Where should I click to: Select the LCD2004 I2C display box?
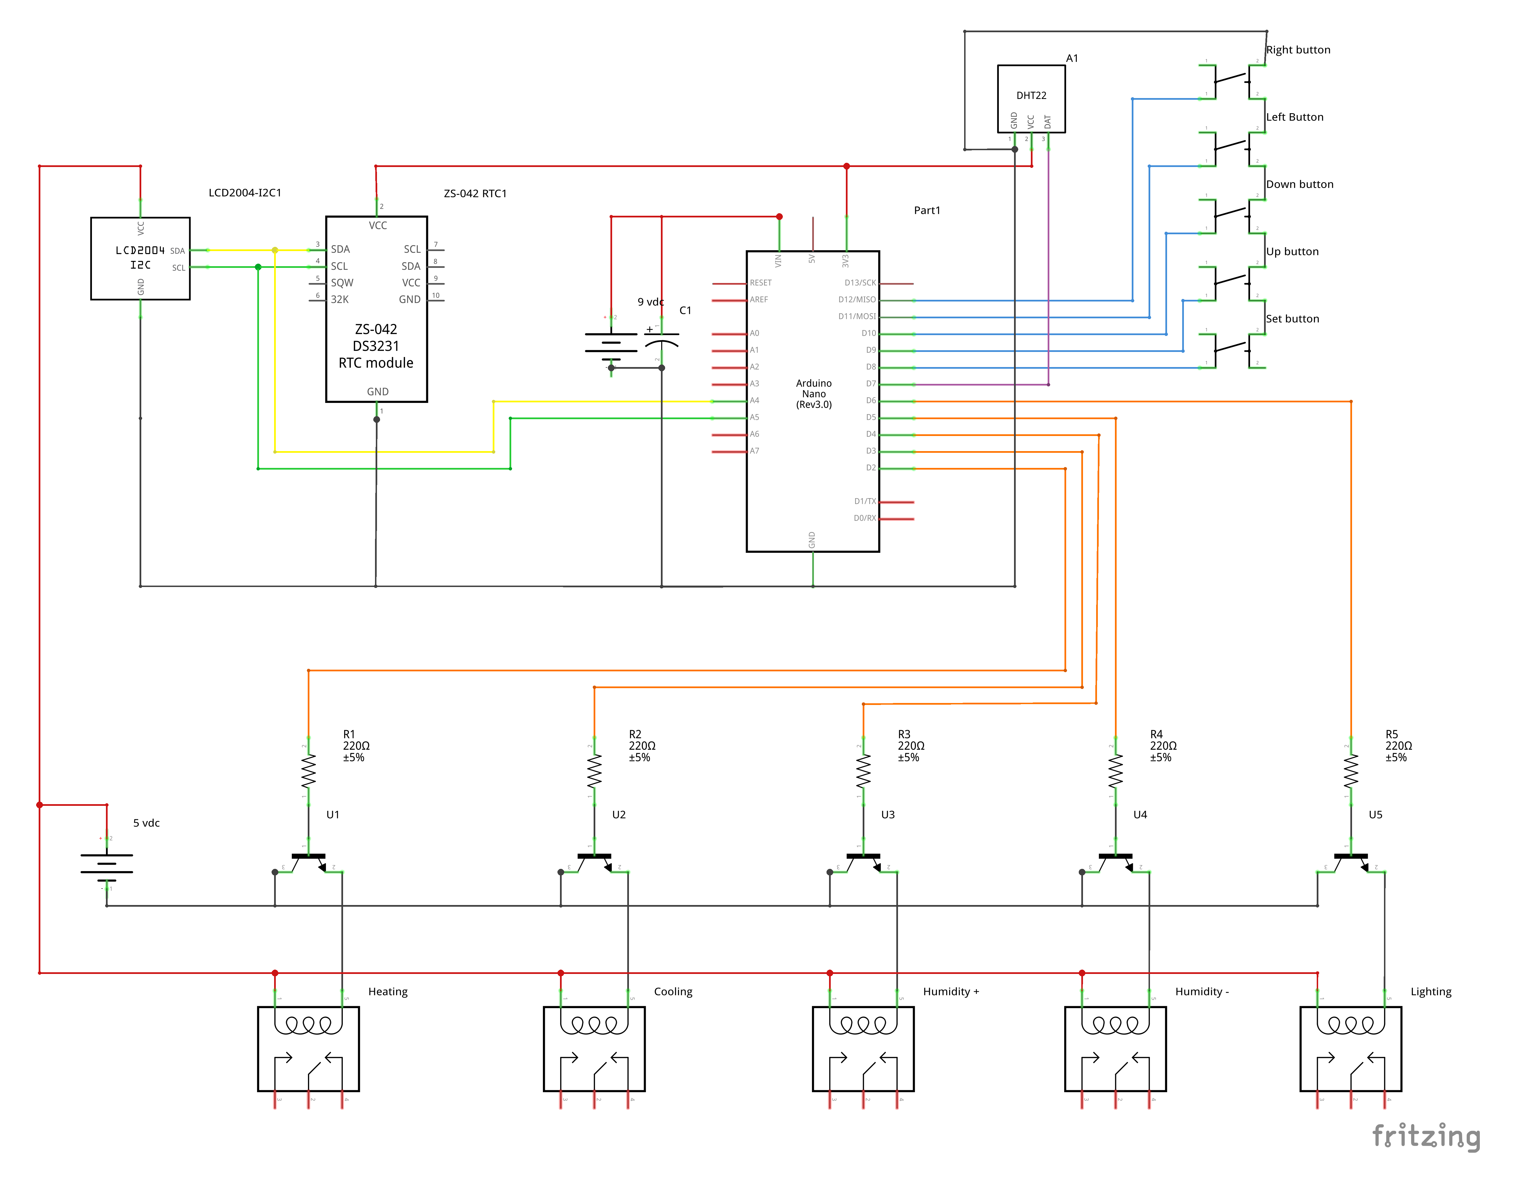pos(140,258)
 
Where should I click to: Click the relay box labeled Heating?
pos(308,1048)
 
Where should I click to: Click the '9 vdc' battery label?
pos(651,302)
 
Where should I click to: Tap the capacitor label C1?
pos(685,310)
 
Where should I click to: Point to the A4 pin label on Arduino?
pos(754,400)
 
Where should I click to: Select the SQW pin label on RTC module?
pos(342,282)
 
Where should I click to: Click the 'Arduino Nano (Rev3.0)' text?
pos(814,393)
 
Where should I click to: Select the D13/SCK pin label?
pos(860,282)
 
